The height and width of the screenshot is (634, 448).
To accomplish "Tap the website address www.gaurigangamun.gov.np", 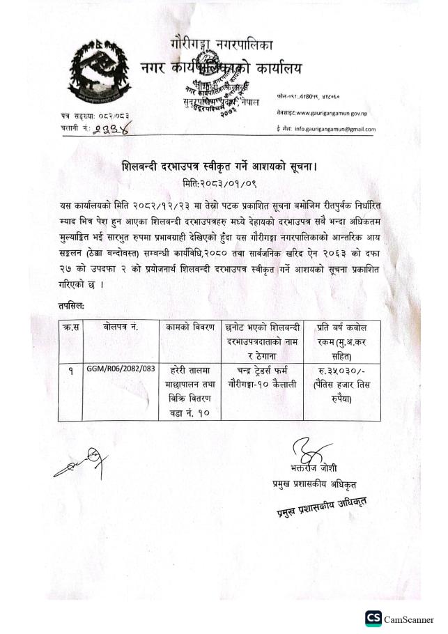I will pyautogui.click(x=332, y=111).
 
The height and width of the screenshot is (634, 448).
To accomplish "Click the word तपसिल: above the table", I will pyautogui.click(x=73, y=305).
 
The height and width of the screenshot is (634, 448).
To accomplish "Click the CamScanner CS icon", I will pyautogui.click(x=375, y=619).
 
